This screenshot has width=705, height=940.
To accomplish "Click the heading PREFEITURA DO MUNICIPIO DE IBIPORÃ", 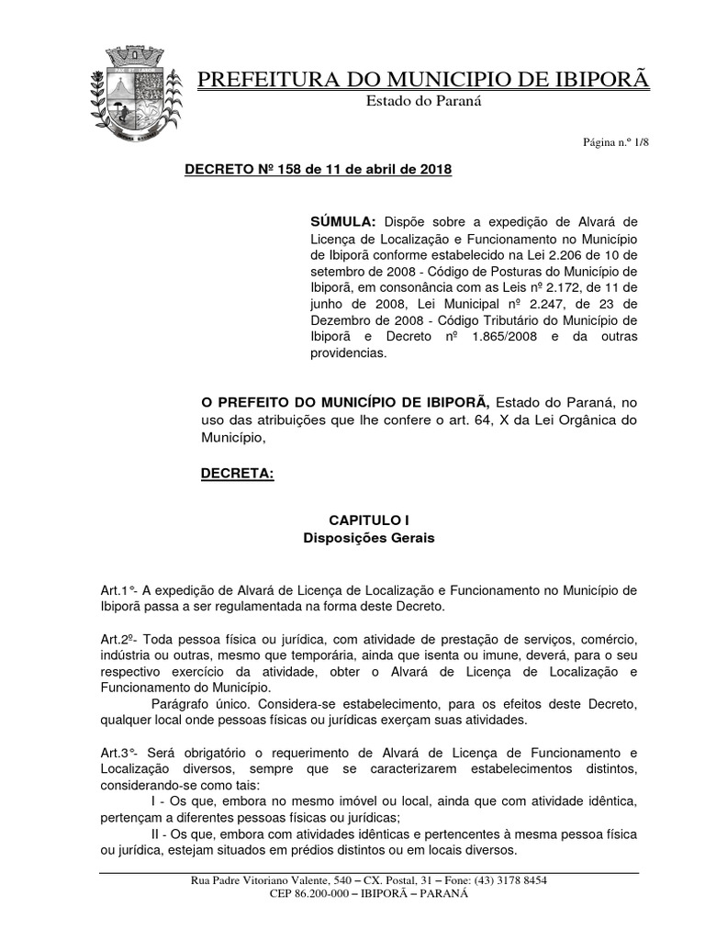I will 423,80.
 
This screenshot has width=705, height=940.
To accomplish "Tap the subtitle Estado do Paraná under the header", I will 424,101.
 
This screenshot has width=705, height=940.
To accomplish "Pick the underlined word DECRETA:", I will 237,474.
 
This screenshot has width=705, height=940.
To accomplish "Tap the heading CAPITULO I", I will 368,520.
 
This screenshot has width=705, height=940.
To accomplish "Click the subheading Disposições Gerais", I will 368,538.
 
